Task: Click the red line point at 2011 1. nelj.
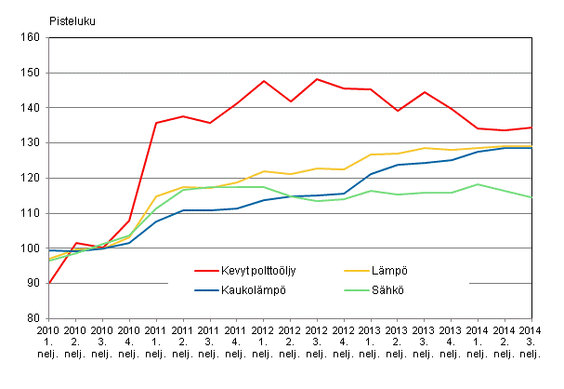pos(155,123)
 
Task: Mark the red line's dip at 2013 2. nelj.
pos(399,111)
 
